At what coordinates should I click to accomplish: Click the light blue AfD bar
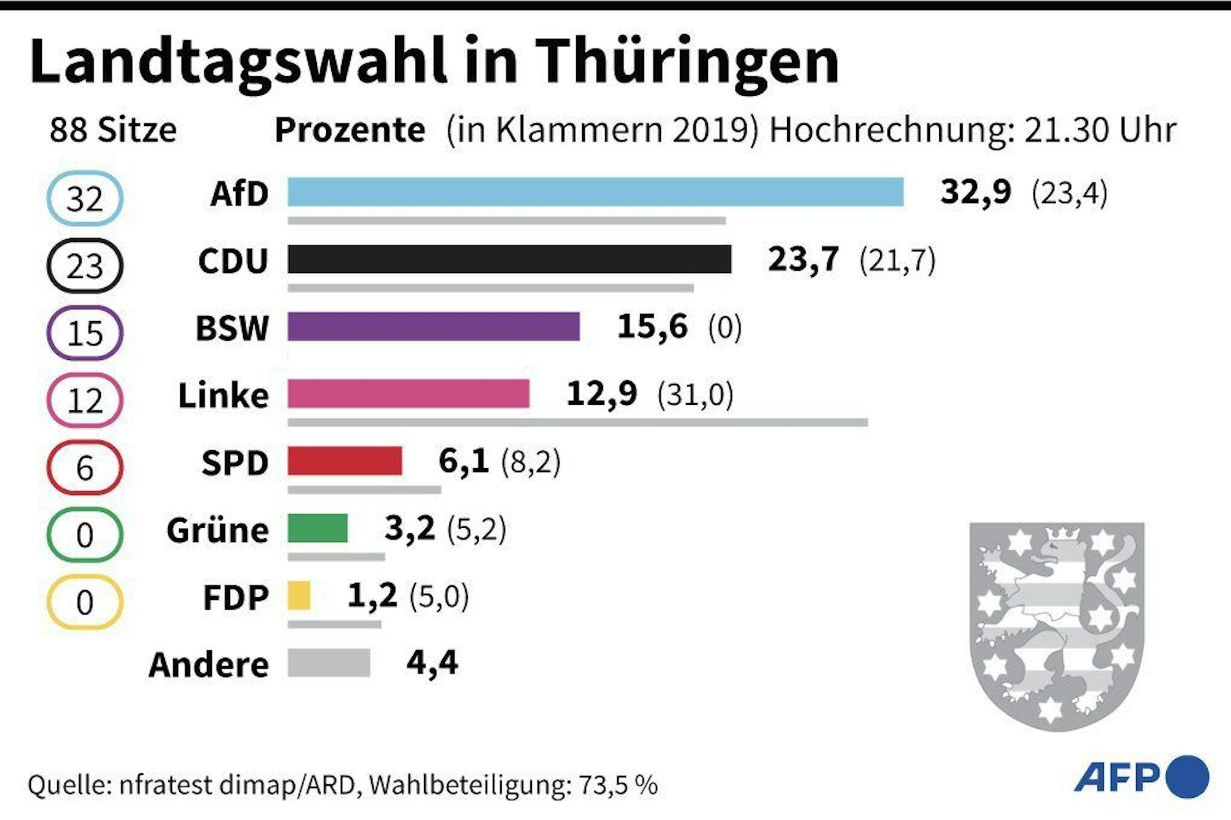[595, 192]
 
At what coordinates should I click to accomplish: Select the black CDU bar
[509, 259]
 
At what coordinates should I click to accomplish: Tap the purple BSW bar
[433, 326]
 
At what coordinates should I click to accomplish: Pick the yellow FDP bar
[299, 595]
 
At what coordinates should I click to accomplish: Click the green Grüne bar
[318, 528]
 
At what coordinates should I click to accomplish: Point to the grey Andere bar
[329, 663]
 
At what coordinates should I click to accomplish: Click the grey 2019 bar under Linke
[577, 423]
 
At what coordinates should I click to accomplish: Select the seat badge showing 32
[85, 199]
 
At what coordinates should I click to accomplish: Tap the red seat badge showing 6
[85, 468]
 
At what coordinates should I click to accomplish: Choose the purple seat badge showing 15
[85, 333]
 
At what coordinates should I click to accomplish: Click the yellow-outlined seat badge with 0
[85, 602]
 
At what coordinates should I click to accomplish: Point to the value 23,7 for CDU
[803, 259]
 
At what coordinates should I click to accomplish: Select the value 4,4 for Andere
[432, 663]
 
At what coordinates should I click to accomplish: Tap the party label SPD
[235, 463]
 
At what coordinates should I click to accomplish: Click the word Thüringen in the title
[687, 62]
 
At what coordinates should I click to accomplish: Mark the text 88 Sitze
[113, 130]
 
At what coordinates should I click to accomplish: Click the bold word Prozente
[350, 130]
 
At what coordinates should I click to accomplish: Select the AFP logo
[1141, 777]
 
